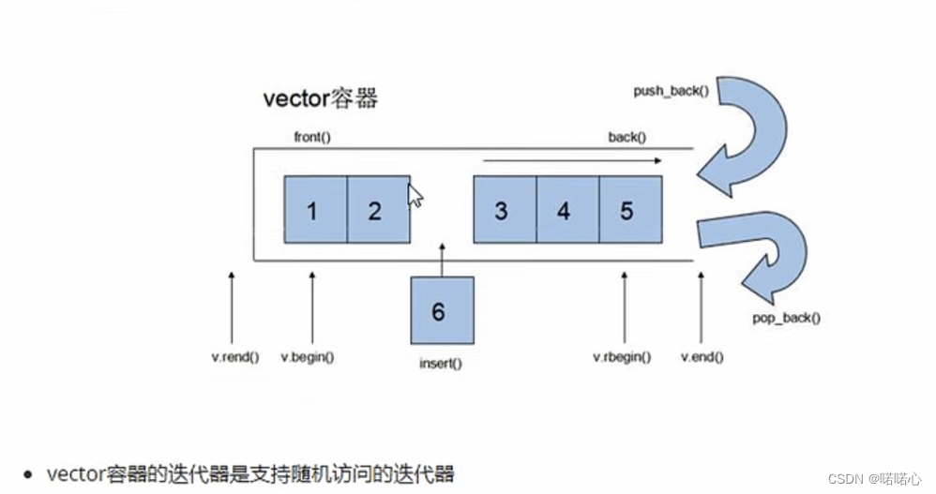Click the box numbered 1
pos(315,210)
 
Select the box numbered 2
pos(377,210)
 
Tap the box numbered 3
pos(505,210)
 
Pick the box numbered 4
pos(566,210)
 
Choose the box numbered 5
pos(629,210)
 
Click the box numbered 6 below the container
pos(441,310)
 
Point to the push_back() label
pos(670,92)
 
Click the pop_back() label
pos(786,318)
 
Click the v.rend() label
pos(235,357)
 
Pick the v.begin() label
pos(311,357)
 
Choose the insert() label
pos(441,362)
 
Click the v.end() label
pos(702,357)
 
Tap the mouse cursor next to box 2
pos(415,195)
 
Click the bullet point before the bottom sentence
pos(31,474)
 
